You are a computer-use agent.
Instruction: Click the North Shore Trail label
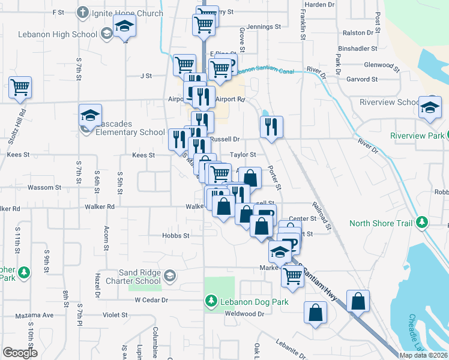pyautogui.click(x=381, y=224)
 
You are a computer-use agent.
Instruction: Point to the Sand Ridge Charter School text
pyautogui.click(x=132, y=277)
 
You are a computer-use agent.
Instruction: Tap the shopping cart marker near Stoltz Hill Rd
pyautogui.click(x=20, y=88)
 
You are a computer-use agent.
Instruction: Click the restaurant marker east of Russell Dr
pyautogui.click(x=271, y=126)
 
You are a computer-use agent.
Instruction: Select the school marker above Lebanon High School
pyautogui.click(x=125, y=26)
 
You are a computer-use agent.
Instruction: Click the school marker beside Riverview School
pyautogui.click(x=430, y=107)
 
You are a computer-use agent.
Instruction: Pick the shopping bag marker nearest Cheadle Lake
pyautogui.click(x=358, y=301)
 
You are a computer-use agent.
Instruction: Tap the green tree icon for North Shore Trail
pyautogui.click(x=422, y=223)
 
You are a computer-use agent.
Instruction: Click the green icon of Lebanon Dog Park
pyautogui.click(x=211, y=301)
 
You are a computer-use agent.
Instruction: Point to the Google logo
pyautogui.click(x=20, y=353)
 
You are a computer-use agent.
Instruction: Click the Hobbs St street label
pyautogui.click(x=175, y=236)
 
